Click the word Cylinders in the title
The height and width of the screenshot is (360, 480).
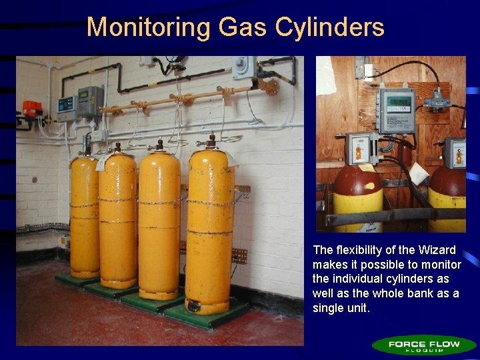coord(330,27)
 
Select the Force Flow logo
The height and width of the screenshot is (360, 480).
coord(425,345)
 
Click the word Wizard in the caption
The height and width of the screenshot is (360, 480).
coord(437,250)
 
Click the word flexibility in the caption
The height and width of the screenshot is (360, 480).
coord(365,250)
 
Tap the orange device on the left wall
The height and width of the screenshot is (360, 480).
coord(31,108)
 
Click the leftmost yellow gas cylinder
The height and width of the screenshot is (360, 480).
coord(84,217)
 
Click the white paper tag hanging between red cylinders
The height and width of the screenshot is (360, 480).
coord(418,173)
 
